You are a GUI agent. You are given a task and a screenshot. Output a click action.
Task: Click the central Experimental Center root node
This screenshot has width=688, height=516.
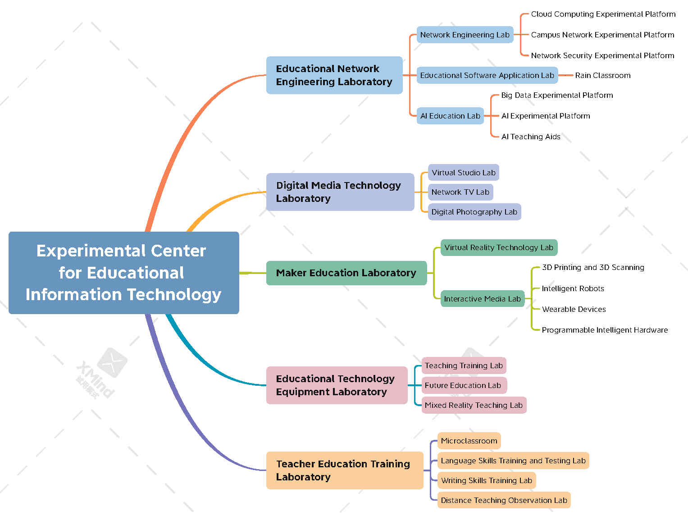click(123, 273)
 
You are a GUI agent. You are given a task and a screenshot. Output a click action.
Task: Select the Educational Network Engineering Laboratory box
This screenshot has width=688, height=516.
click(334, 75)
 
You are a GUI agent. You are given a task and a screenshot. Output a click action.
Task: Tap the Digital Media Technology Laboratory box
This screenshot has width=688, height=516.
click(340, 192)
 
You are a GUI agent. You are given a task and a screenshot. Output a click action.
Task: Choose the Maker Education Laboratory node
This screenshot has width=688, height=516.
click(346, 273)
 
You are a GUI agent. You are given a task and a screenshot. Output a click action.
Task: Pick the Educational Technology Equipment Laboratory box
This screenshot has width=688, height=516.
click(337, 385)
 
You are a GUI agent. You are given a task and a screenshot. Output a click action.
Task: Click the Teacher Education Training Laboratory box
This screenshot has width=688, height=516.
click(344, 470)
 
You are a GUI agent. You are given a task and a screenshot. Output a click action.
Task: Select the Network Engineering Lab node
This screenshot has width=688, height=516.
click(465, 35)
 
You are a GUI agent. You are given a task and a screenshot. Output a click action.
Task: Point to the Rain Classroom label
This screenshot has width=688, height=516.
click(602, 75)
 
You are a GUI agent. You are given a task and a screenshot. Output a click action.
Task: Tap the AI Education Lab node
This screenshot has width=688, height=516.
click(450, 116)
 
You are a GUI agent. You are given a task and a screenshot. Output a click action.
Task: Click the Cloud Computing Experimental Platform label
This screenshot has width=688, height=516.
click(603, 14)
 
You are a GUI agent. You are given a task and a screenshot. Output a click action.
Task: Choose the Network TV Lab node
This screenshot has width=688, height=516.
click(460, 192)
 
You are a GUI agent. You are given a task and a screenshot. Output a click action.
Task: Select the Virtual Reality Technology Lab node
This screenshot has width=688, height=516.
click(498, 247)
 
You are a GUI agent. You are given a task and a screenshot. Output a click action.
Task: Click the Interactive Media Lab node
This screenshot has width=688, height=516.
click(482, 299)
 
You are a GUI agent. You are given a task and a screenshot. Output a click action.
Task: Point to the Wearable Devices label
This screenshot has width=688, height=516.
click(574, 309)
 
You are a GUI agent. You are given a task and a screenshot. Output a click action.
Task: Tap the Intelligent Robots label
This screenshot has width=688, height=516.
click(573, 288)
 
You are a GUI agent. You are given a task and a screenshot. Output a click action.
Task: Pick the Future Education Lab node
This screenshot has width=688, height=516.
click(463, 385)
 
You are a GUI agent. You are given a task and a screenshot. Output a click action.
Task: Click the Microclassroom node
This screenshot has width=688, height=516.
click(469, 441)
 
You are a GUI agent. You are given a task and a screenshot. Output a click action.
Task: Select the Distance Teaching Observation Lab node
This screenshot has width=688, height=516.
click(504, 500)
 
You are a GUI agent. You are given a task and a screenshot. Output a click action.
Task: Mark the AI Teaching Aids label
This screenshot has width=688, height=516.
click(531, 137)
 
